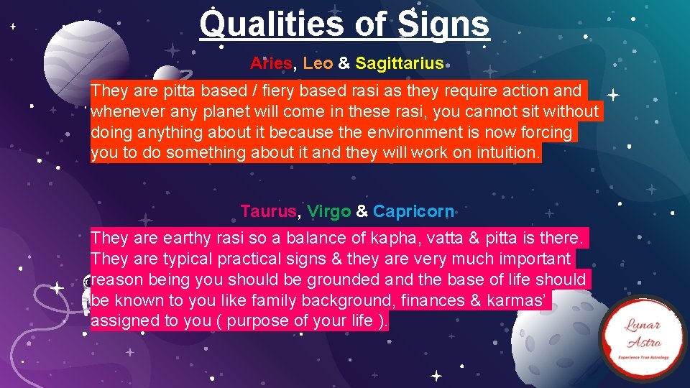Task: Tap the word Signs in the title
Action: click(x=441, y=24)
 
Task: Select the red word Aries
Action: click(x=271, y=63)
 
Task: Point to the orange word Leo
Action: click(x=318, y=63)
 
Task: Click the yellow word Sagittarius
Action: click(x=400, y=63)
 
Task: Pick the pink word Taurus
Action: click(x=268, y=211)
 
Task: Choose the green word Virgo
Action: click(x=328, y=211)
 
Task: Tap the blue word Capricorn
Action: click(x=413, y=211)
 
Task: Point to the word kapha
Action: click(x=384, y=238)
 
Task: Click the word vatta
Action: click(x=438, y=238)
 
